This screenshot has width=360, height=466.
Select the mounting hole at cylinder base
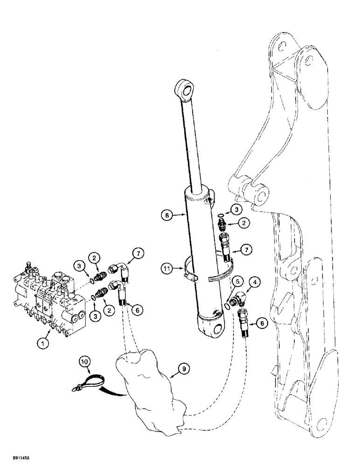coord(216,331)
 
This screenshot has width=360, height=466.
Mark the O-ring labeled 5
coord(227,304)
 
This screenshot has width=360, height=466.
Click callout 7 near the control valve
coord(138,254)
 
